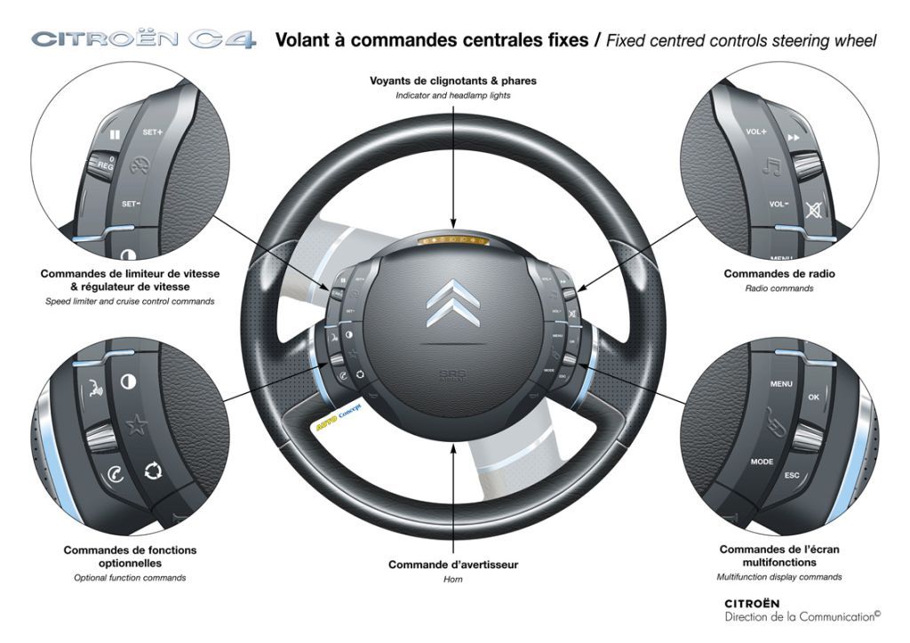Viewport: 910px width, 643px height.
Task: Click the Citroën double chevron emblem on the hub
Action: [x=453, y=302]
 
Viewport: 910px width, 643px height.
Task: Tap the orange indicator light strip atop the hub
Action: [x=453, y=240]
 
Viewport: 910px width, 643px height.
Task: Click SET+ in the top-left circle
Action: [x=153, y=132]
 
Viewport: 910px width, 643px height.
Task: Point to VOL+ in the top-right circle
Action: [x=755, y=131]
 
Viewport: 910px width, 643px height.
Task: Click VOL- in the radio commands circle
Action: [x=778, y=204]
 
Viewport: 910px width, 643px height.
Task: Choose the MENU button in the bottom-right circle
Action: [x=781, y=384]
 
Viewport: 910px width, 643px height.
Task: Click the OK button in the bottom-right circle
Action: [x=814, y=398]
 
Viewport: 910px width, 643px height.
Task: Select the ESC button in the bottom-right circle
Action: [x=792, y=475]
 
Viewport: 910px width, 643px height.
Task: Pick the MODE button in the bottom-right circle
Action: [x=762, y=462]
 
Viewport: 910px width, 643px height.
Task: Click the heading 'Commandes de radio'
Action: [x=779, y=274]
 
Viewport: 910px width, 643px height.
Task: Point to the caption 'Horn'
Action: [x=453, y=579]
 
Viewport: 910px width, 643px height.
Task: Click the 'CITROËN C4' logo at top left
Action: [x=143, y=40]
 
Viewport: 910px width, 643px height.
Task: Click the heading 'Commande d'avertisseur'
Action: [x=453, y=565]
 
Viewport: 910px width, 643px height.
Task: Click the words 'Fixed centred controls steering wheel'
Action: [x=741, y=41]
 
